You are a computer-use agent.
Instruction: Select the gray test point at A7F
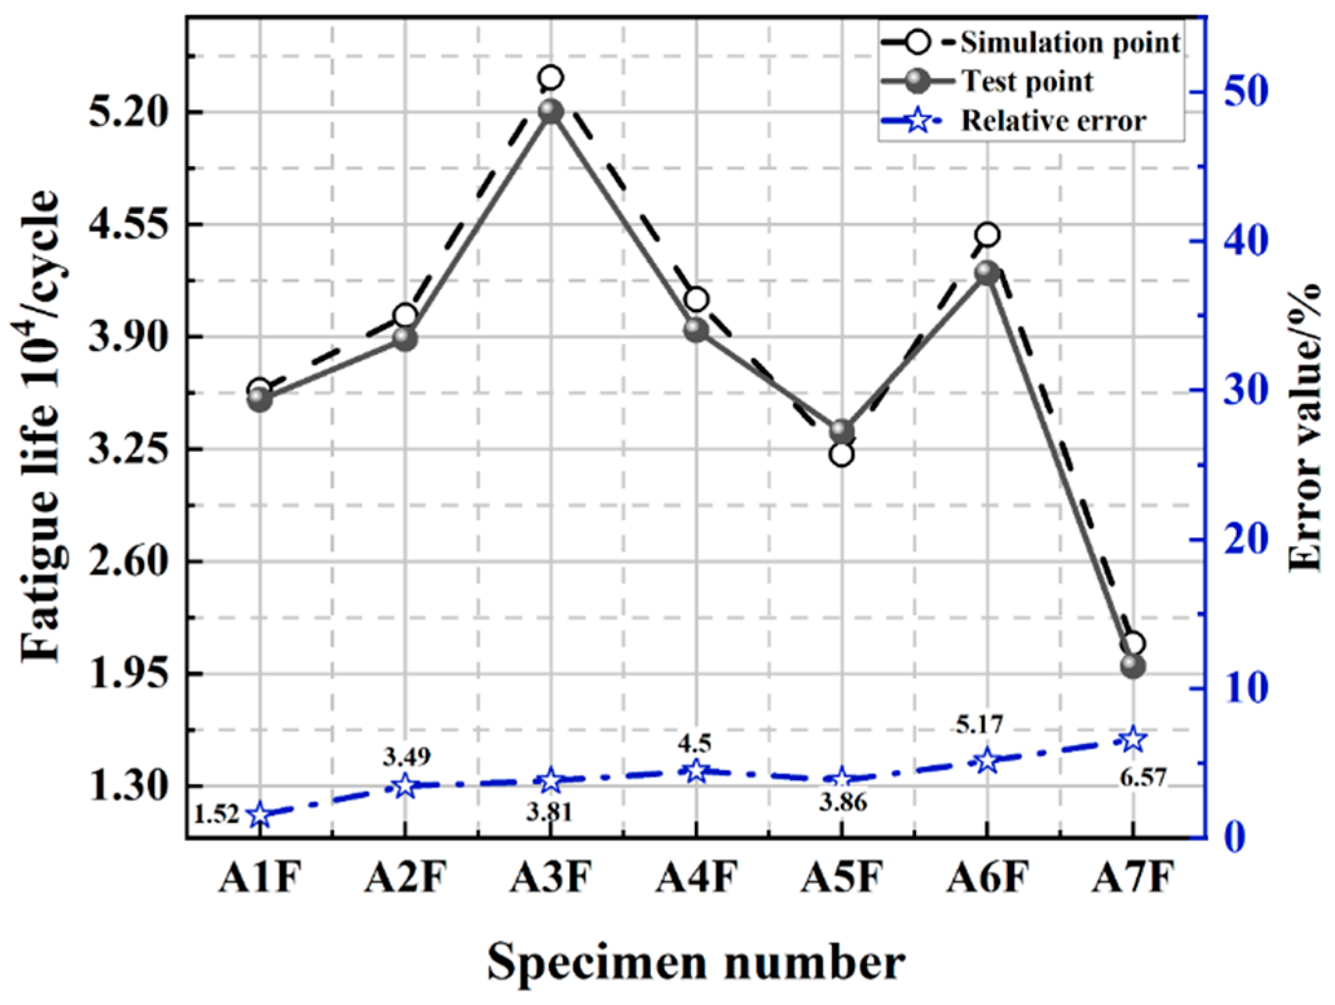click(1133, 666)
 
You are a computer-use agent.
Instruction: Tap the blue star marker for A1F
click(260, 815)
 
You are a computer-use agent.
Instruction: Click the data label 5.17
click(979, 725)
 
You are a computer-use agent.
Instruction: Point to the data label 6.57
click(1142, 778)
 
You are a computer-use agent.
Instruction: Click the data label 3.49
click(406, 756)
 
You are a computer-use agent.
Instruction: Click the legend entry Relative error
click(1053, 121)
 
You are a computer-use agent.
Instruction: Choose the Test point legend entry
click(1027, 81)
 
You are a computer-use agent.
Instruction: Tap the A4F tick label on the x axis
click(696, 878)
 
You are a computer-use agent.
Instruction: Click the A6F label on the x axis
click(987, 878)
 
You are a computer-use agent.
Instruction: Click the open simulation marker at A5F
click(841, 454)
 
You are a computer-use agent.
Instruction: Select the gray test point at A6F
click(987, 272)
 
